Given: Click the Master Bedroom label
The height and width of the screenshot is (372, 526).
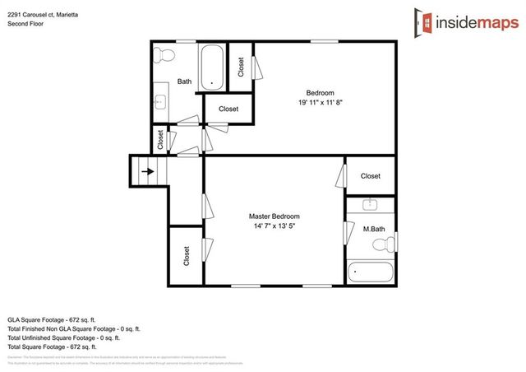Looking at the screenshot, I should coord(275,216).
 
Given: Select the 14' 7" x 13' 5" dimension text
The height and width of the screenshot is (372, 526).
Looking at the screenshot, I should coord(275,229).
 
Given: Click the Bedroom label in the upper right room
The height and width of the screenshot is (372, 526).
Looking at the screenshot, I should coord(320,91).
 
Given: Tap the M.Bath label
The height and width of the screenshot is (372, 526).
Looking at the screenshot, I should coord(375,228).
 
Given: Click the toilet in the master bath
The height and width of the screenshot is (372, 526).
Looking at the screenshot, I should coord(381,245).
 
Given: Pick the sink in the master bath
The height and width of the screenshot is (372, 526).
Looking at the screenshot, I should coord(371,205).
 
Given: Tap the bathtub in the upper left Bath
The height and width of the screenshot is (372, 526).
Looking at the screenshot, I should coord(211,67).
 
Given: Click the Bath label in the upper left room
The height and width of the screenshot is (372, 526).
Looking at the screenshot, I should coord(184,81).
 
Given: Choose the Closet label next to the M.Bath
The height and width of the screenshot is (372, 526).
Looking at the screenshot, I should coord(371,175).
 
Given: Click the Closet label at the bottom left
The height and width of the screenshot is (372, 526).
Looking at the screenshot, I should coord(187,256).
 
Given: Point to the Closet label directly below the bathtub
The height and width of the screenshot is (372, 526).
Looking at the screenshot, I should coord(228,109).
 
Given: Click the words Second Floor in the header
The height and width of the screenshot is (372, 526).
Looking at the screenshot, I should coord(25,24).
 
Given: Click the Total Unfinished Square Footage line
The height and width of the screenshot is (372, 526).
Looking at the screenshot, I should coord(64,337).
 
